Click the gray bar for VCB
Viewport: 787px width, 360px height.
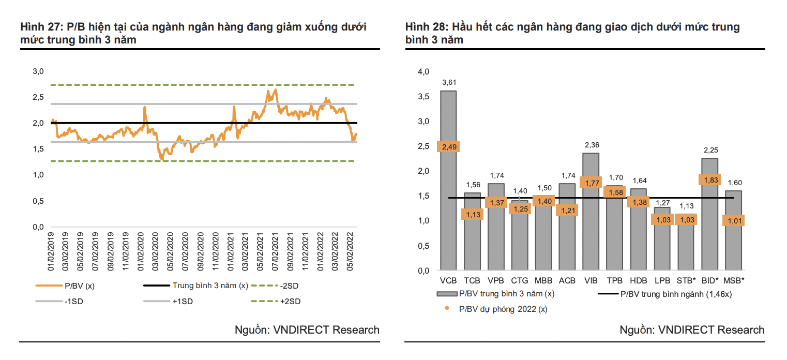pyautogui.click(x=448, y=207)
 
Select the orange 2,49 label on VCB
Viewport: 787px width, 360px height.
pyautogui.click(x=448, y=146)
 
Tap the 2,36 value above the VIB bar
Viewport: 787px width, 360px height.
pyautogui.click(x=591, y=145)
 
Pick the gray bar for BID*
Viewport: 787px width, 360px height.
pyautogui.click(x=709, y=233)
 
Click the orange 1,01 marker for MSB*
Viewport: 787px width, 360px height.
pyautogui.click(x=733, y=221)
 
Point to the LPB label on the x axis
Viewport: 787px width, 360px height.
pyautogui.click(x=662, y=280)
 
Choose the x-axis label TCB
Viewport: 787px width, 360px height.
pyautogui.click(x=472, y=280)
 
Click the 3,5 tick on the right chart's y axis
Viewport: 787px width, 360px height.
pyautogui.click(x=423, y=97)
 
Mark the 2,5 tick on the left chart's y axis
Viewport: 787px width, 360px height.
pyautogui.click(x=38, y=97)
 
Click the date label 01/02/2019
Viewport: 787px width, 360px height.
pyautogui.click(x=52, y=252)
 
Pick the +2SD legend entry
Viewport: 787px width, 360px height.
pyautogui.click(x=290, y=301)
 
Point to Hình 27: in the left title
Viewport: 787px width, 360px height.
pyautogui.click(x=41, y=27)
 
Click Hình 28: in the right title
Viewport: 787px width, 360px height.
pyautogui.click(x=427, y=27)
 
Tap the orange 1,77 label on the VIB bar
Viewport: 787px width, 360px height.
pyautogui.click(x=591, y=182)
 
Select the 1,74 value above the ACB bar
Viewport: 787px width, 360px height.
pyautogui.click(x=567, y=176)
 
